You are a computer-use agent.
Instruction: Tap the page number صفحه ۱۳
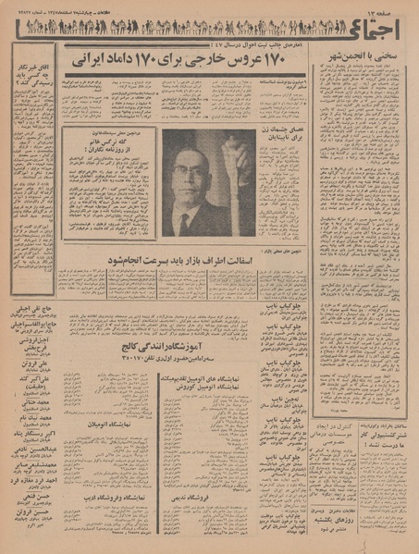[388, 8]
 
